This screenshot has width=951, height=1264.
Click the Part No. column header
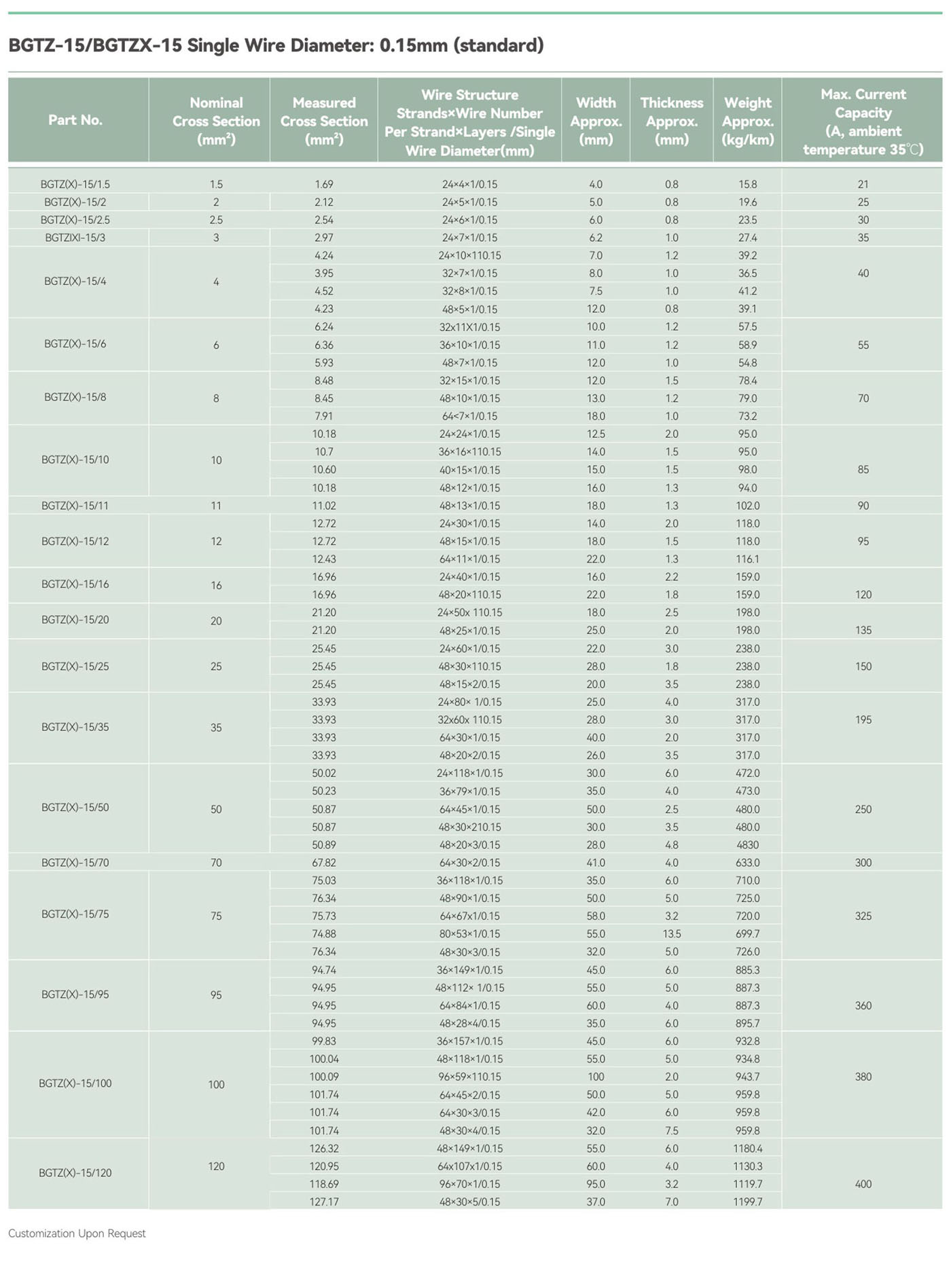(75, 120)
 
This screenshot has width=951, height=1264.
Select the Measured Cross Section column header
(324, 121)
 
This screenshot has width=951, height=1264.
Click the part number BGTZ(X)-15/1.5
(75, 184)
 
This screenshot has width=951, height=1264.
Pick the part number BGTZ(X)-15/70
(75, 863)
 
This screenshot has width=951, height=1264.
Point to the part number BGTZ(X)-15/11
(75, 506)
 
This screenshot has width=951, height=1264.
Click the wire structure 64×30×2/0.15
(469, 863)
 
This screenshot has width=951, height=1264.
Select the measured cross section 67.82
(324, 863)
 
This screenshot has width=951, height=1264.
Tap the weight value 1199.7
(747, 1202)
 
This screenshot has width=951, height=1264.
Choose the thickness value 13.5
(671, 934)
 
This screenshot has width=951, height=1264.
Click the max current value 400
(863, 1184)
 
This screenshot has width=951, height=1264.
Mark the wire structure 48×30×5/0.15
(469, 1202)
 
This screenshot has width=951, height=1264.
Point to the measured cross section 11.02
(324, 506)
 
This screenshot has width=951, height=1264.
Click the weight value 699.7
(747, 934)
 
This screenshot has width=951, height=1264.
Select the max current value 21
(863, 184)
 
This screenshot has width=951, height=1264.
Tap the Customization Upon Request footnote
(77, 1233)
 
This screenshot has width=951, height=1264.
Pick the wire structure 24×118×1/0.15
(469, 773)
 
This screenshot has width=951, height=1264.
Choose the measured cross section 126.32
(324, 1149)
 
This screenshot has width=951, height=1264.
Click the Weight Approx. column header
(747, 121)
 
